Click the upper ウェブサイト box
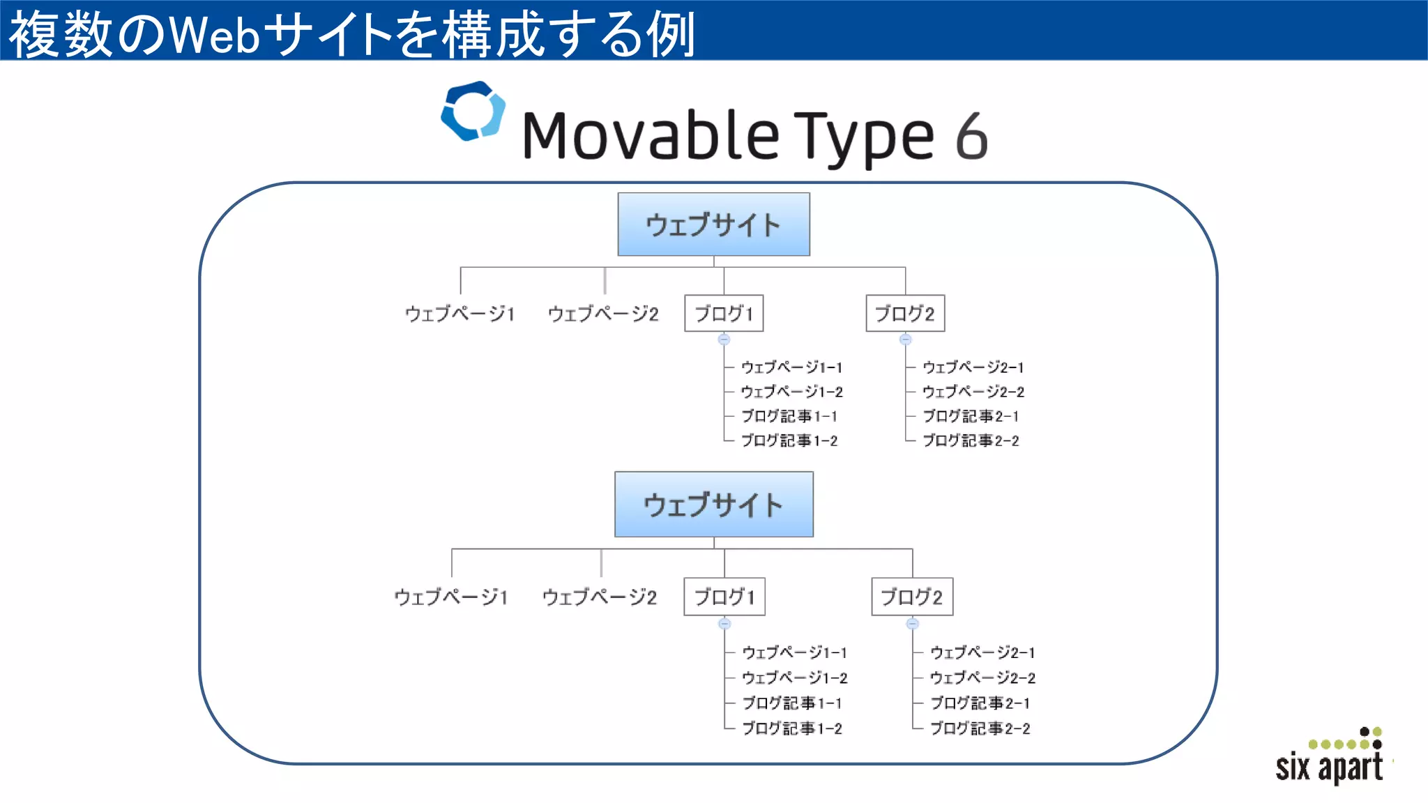click(713, 224)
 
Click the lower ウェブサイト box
click(713, 505)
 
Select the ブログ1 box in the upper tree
click(724, 314)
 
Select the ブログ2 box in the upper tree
click(905, 314)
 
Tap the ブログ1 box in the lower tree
click(724, 597)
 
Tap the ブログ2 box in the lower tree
click(912, 597)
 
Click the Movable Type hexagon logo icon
click(473, 111)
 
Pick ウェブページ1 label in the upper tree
click(460, 314)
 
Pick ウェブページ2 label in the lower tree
click(600, 597)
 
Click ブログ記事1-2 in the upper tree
click(789, 441)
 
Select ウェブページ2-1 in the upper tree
click(973, 367)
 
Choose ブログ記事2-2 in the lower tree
click(980, 728)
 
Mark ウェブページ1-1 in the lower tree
click(794, 652)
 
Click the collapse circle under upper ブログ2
click(905, 339)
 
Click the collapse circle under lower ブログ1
click(724, 623)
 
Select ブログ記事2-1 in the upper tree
click(971, 416)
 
